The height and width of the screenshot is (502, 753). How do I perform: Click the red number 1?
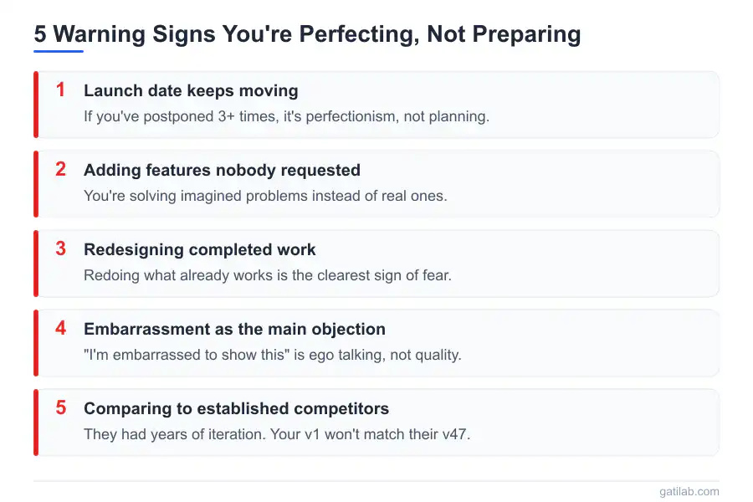click(x=60, y=90)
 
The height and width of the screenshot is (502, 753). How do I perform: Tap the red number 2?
click(x=60, y=169)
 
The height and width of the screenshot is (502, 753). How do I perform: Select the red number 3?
click(x=60, y=248)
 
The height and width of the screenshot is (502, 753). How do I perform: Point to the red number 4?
click(x=60, y=328)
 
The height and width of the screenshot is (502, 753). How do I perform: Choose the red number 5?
click(x=60, y=407)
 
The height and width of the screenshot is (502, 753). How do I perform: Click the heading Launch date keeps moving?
click(x=191, y=91)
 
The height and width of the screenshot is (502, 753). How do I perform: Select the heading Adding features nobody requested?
click(x=222, y=170)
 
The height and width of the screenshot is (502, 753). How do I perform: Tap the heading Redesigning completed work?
click(x=200, y=250)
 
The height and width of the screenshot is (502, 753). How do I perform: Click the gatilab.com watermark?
click(x=689, y=491)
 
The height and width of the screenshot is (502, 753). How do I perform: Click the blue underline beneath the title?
click(x=59, y=51)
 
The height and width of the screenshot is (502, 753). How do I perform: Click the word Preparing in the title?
click(x=526, y=34)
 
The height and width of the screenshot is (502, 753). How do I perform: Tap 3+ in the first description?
click(x=226, y=116)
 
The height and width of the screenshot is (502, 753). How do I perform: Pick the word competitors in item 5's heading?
click(x=341, y=409)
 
